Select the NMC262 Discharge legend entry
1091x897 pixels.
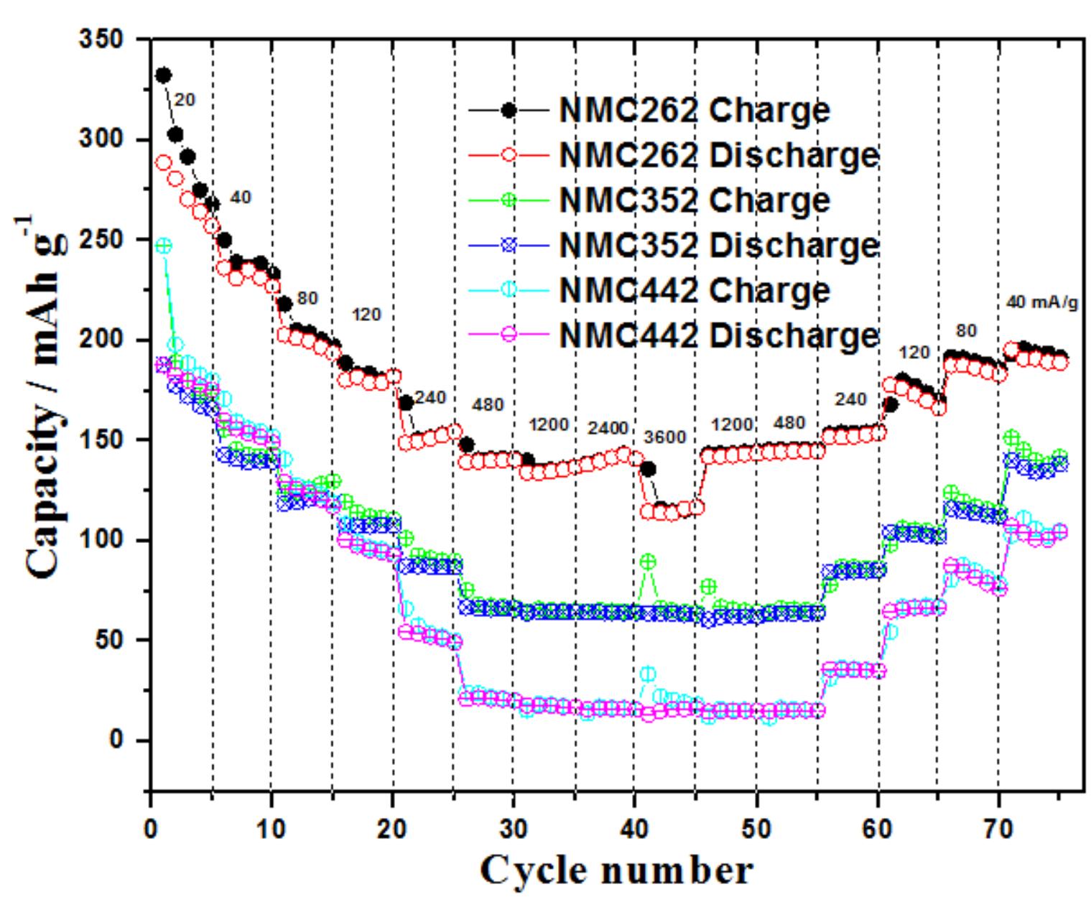pyautogui.click(x=718, y=155)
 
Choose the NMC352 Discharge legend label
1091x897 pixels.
pyautogui.click(x=718, y=246)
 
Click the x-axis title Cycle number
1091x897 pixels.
pyautogui.click(x=616, y=870)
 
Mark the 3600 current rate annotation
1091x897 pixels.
pyautogui.click(x=665, y=437)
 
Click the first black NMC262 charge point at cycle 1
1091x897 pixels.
pyautogui.click(x=163, y=75)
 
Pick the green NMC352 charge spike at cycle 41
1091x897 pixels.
pyautogui.click(x=648, y=562)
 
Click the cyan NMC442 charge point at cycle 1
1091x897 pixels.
pyautogui.click(x=164, y=246)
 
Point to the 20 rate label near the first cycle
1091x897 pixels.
pyautogui.click(x=185, y=101)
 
